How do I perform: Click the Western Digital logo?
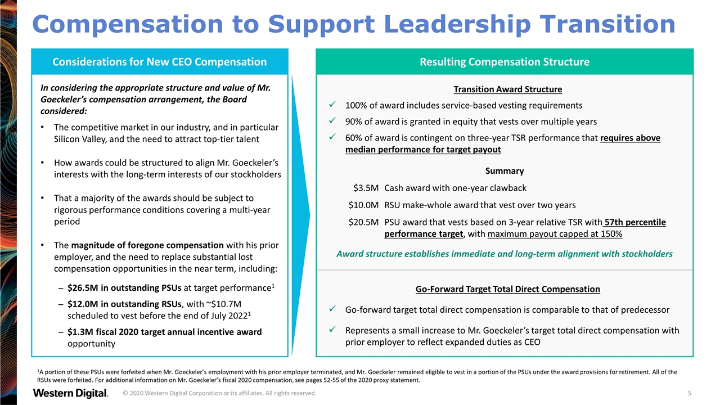[70, 393]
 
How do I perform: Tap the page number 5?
[690, 393]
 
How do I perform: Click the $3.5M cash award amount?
[366, 188]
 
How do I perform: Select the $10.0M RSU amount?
[363, 205]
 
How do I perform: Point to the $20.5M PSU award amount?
[363, 222]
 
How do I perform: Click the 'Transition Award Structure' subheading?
[508, 89]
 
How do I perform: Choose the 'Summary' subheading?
[505, 170]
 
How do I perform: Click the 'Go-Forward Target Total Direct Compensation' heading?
[508, 289]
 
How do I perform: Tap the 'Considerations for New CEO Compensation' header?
[159, 62]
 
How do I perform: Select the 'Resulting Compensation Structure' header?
[505, 62]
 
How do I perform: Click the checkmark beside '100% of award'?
[332, 105]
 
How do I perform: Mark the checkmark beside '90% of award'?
[332, 120]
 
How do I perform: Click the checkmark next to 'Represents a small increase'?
[332, 330]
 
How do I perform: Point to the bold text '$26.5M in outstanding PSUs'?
[124, 287]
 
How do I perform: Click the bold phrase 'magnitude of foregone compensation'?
[147, 245]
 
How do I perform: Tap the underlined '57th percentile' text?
[635, 222]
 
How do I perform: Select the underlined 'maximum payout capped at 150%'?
[555, 234]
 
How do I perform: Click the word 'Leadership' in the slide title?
[457, 24]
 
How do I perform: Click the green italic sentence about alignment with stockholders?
[505, 254]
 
